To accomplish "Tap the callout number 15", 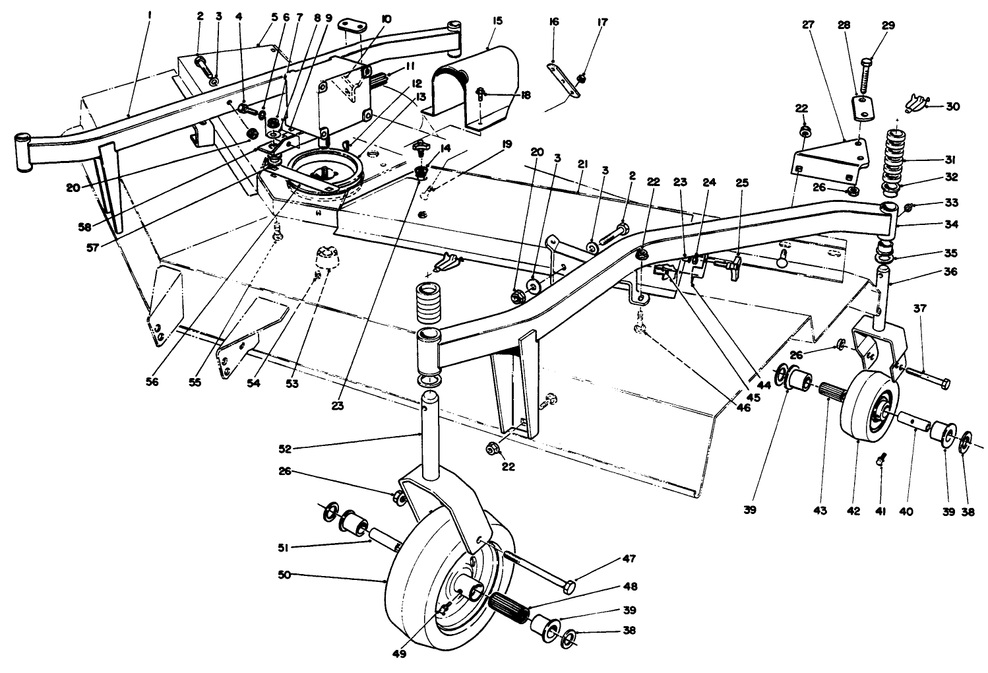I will click(x=497, y=22).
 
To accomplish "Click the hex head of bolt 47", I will click(x=570, y=585).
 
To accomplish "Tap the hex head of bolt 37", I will click(x=944, y=383).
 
